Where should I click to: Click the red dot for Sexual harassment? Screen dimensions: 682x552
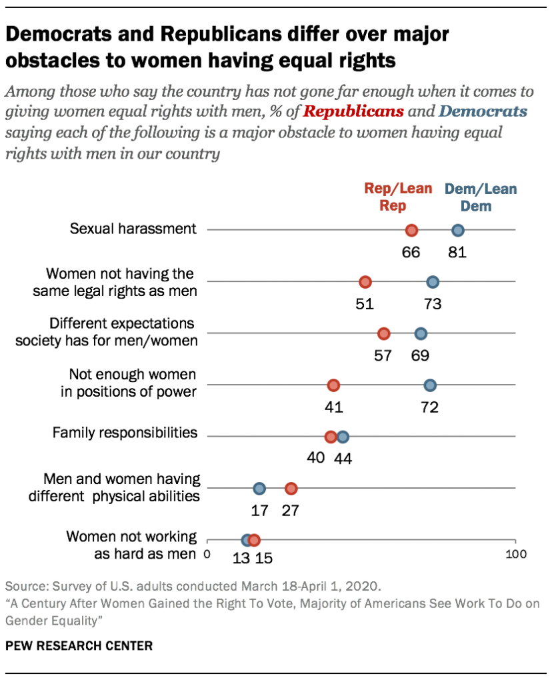coord(411,231)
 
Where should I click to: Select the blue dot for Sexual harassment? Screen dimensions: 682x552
coord(458,231)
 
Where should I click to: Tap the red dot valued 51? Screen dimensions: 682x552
coord(365,282)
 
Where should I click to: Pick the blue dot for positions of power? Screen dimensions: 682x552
coord(430,385)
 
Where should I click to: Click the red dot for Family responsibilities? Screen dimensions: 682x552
coord(331,437)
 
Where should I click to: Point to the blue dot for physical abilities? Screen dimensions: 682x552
coord(259,489)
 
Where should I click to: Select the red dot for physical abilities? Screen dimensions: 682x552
coord(291,489)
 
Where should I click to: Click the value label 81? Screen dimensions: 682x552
coord(457,253)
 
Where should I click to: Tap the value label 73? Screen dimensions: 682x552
coord(433,304)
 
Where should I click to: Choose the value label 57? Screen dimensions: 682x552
coord(383,355)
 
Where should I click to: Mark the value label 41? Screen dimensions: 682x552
coord(333,407)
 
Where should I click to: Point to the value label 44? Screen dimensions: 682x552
coord(343,459)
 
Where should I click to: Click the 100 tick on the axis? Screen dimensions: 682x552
coord(515,554)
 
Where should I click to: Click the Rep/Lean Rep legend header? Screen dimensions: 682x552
coord(397,197)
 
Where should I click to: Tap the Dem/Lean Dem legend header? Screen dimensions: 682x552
coord(481,197)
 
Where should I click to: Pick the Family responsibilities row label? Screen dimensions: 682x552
coord(125,433)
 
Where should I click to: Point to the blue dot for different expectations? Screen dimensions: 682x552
coord(421,334)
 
